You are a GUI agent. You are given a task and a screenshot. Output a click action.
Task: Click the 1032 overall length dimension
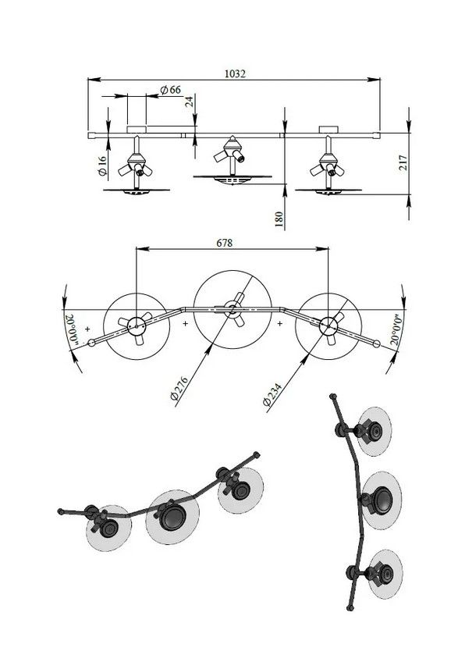point(235,73)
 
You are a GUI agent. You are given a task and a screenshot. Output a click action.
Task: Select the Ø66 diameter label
point(171,90)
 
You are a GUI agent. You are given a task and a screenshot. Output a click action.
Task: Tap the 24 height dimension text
point(190,101)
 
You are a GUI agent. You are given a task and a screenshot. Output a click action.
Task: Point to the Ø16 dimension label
point(101,166)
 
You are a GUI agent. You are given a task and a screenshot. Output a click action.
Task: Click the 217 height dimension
point(403,162)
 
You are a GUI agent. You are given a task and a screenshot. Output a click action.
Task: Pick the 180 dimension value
point(279,219)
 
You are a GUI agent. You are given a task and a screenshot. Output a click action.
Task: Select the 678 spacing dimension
point(225,244)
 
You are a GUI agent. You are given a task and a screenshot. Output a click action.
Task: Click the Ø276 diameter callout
point(179,387)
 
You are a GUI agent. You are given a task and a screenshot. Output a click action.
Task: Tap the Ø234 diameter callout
point(272,395)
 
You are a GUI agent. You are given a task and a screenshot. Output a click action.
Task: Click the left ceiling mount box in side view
point(137,129)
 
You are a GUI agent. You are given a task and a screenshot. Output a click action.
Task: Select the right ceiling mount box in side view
point(328,129)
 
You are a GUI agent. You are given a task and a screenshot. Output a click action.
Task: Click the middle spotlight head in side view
point(231,151)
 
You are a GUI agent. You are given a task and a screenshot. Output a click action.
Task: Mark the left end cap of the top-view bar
point(91,343)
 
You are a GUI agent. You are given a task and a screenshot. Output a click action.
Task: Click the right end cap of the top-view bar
point(377,343)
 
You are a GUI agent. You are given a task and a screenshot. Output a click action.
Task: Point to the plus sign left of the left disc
point(87,329)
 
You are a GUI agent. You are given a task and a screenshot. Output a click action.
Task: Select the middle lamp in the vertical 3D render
point(382,500)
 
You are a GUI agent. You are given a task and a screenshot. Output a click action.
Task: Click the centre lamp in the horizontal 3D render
point(172,517)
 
